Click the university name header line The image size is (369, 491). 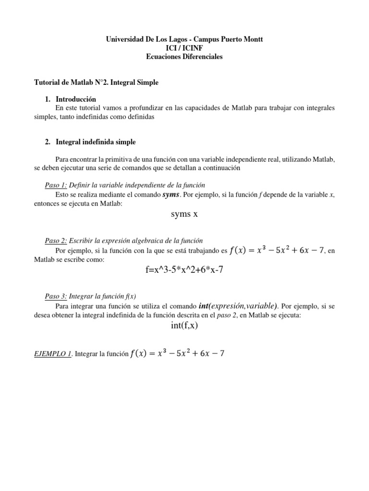click(x=184, y=39)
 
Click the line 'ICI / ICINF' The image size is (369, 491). click(x=184, y=48)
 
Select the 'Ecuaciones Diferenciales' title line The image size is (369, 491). click(x=184, y=57)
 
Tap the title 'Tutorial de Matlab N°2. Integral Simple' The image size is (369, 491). click(x=98, y=82)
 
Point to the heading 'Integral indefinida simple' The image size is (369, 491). click(x=96, y=142)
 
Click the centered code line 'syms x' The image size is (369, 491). click(x=184, y=214)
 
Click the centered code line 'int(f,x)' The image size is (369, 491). click(x=184, y=326)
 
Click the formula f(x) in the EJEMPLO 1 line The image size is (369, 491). click(x=177, y=354)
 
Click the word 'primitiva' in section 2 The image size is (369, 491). click(x=120, y=159)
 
